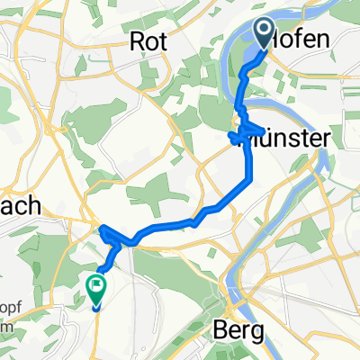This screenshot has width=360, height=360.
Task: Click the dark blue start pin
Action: click(x=266, y=33)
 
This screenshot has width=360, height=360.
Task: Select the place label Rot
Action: click(x=146, y=40)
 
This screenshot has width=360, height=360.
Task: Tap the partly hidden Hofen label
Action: click(x=307, y=39)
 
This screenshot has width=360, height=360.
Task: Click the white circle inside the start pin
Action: click(x=266, y=30)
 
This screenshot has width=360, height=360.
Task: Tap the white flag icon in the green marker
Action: click(x=96, y=285)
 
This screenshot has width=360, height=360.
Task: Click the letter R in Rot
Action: click(x=137, y=40)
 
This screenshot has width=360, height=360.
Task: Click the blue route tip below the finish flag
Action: click(x=96, y=307)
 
